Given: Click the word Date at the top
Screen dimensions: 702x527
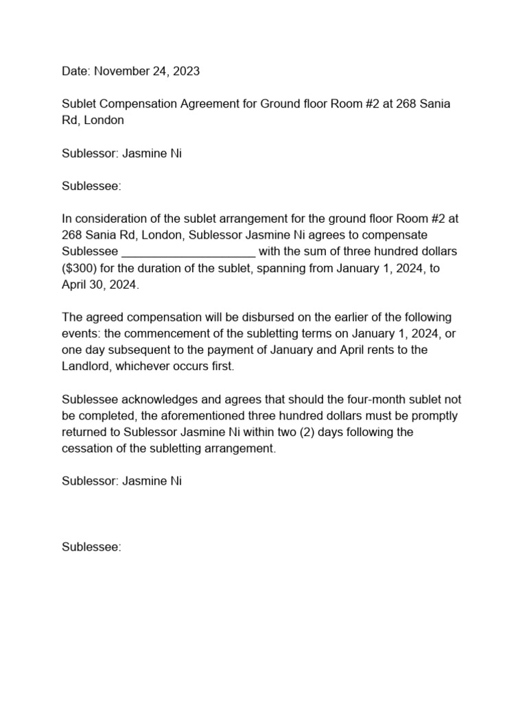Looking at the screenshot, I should [75, 71].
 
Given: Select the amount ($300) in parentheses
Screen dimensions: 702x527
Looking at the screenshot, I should [80, 268].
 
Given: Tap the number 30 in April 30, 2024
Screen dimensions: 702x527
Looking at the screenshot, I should [95, 285].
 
